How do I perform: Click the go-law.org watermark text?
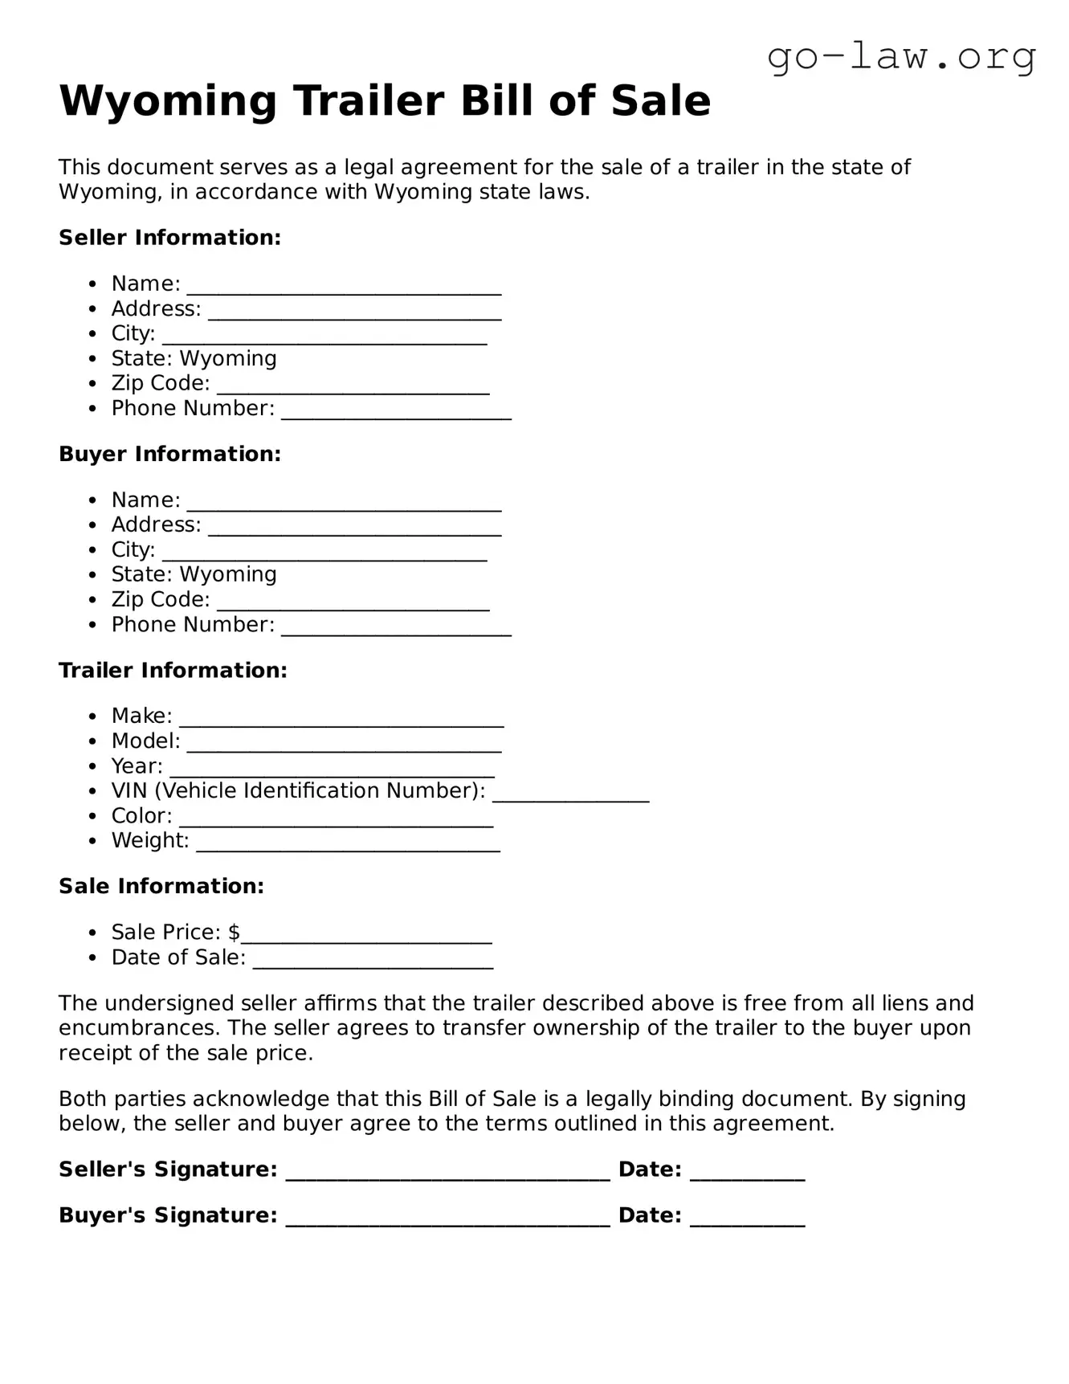(901, 58)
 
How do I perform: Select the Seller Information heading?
(169, 238)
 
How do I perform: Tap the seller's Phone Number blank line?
(396, 412)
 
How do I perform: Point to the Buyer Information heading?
(169, 454)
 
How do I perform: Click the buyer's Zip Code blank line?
(353, 603)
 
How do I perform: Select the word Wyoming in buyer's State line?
(228, 574)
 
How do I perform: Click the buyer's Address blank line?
(354, 529)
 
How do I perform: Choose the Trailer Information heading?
(173, 670)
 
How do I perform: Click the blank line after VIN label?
(570, 794)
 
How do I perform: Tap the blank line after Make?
(341, 720)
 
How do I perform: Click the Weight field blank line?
(348, 844)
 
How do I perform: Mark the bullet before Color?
(94, 817)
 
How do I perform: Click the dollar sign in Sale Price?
(234, 932)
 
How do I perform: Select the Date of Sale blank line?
(373, 961)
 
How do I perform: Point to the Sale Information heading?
(161, 886)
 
